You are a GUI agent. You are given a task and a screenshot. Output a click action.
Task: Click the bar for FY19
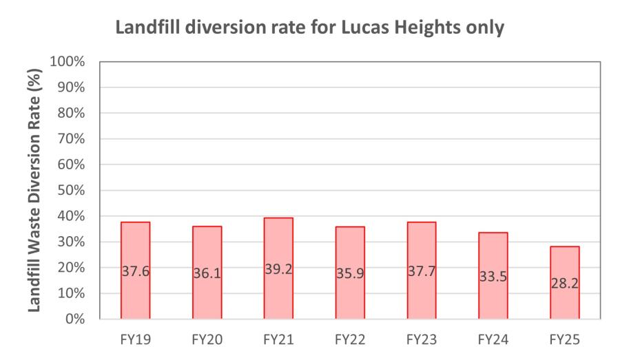click(x=135, y=241)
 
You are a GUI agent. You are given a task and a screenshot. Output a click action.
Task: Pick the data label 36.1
click(x=207, y=273)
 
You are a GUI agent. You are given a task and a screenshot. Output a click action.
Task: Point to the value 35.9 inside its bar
click(x=350, y=273)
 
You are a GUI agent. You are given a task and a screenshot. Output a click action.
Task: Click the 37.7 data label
click(x=422, y=271)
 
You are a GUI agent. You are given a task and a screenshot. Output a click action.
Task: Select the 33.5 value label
click(x=493, y=277)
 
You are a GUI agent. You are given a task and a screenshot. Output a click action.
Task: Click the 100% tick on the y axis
click(x=68, y=62)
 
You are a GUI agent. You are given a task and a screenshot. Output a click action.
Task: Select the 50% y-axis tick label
click(x=70, y=190)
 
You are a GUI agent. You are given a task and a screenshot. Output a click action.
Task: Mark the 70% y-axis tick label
click(x=70, y=139)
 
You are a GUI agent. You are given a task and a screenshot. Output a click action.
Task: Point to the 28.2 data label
click(x=565, y=284)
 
